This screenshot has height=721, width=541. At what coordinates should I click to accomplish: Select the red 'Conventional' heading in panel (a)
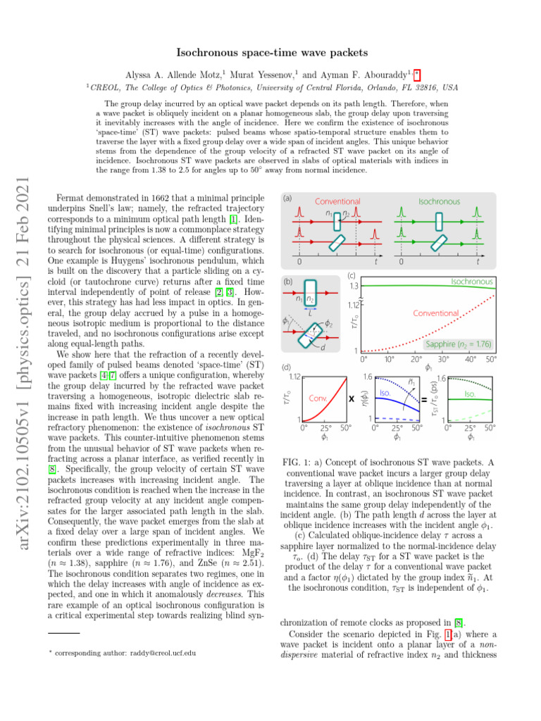337,201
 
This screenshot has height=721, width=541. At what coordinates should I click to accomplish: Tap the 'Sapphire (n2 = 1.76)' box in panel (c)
459,344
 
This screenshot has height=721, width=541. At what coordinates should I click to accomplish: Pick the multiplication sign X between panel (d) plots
350,399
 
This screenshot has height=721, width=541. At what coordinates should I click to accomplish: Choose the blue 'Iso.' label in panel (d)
385,392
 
